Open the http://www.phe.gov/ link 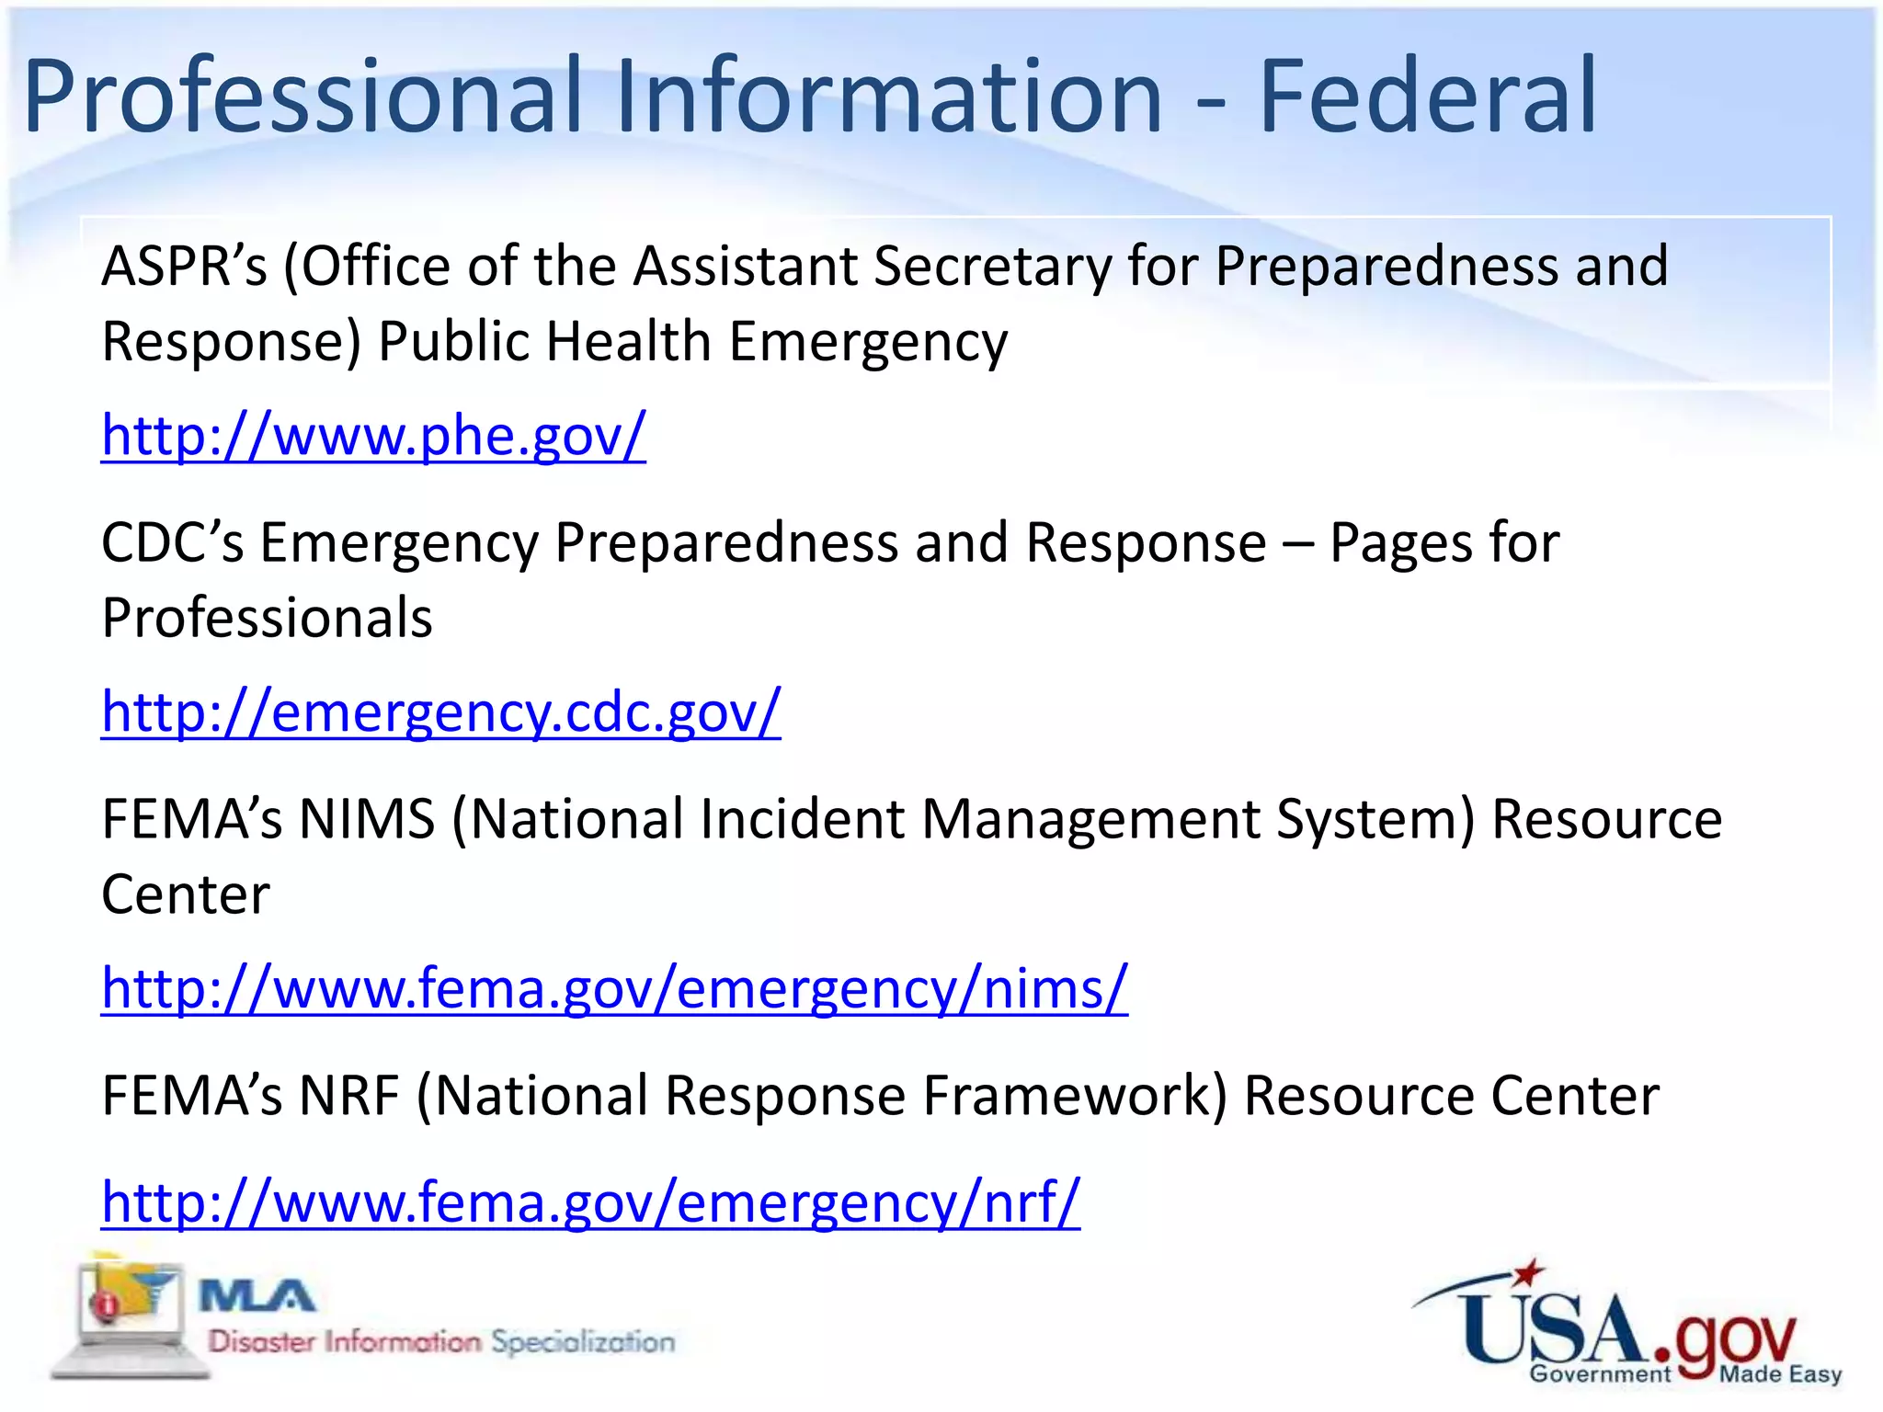tap(373, 435)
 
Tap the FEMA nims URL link tap(614, 988)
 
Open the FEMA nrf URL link tap(590, 1201)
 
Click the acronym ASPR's tap(184, 266)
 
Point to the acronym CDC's tap(172, 542)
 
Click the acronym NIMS tap(367, 818)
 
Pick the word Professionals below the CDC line tap(267, 617)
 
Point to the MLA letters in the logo tap(257, 1297)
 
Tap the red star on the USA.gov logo tap(1528, 1272)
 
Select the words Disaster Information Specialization tap(441, 1342)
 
